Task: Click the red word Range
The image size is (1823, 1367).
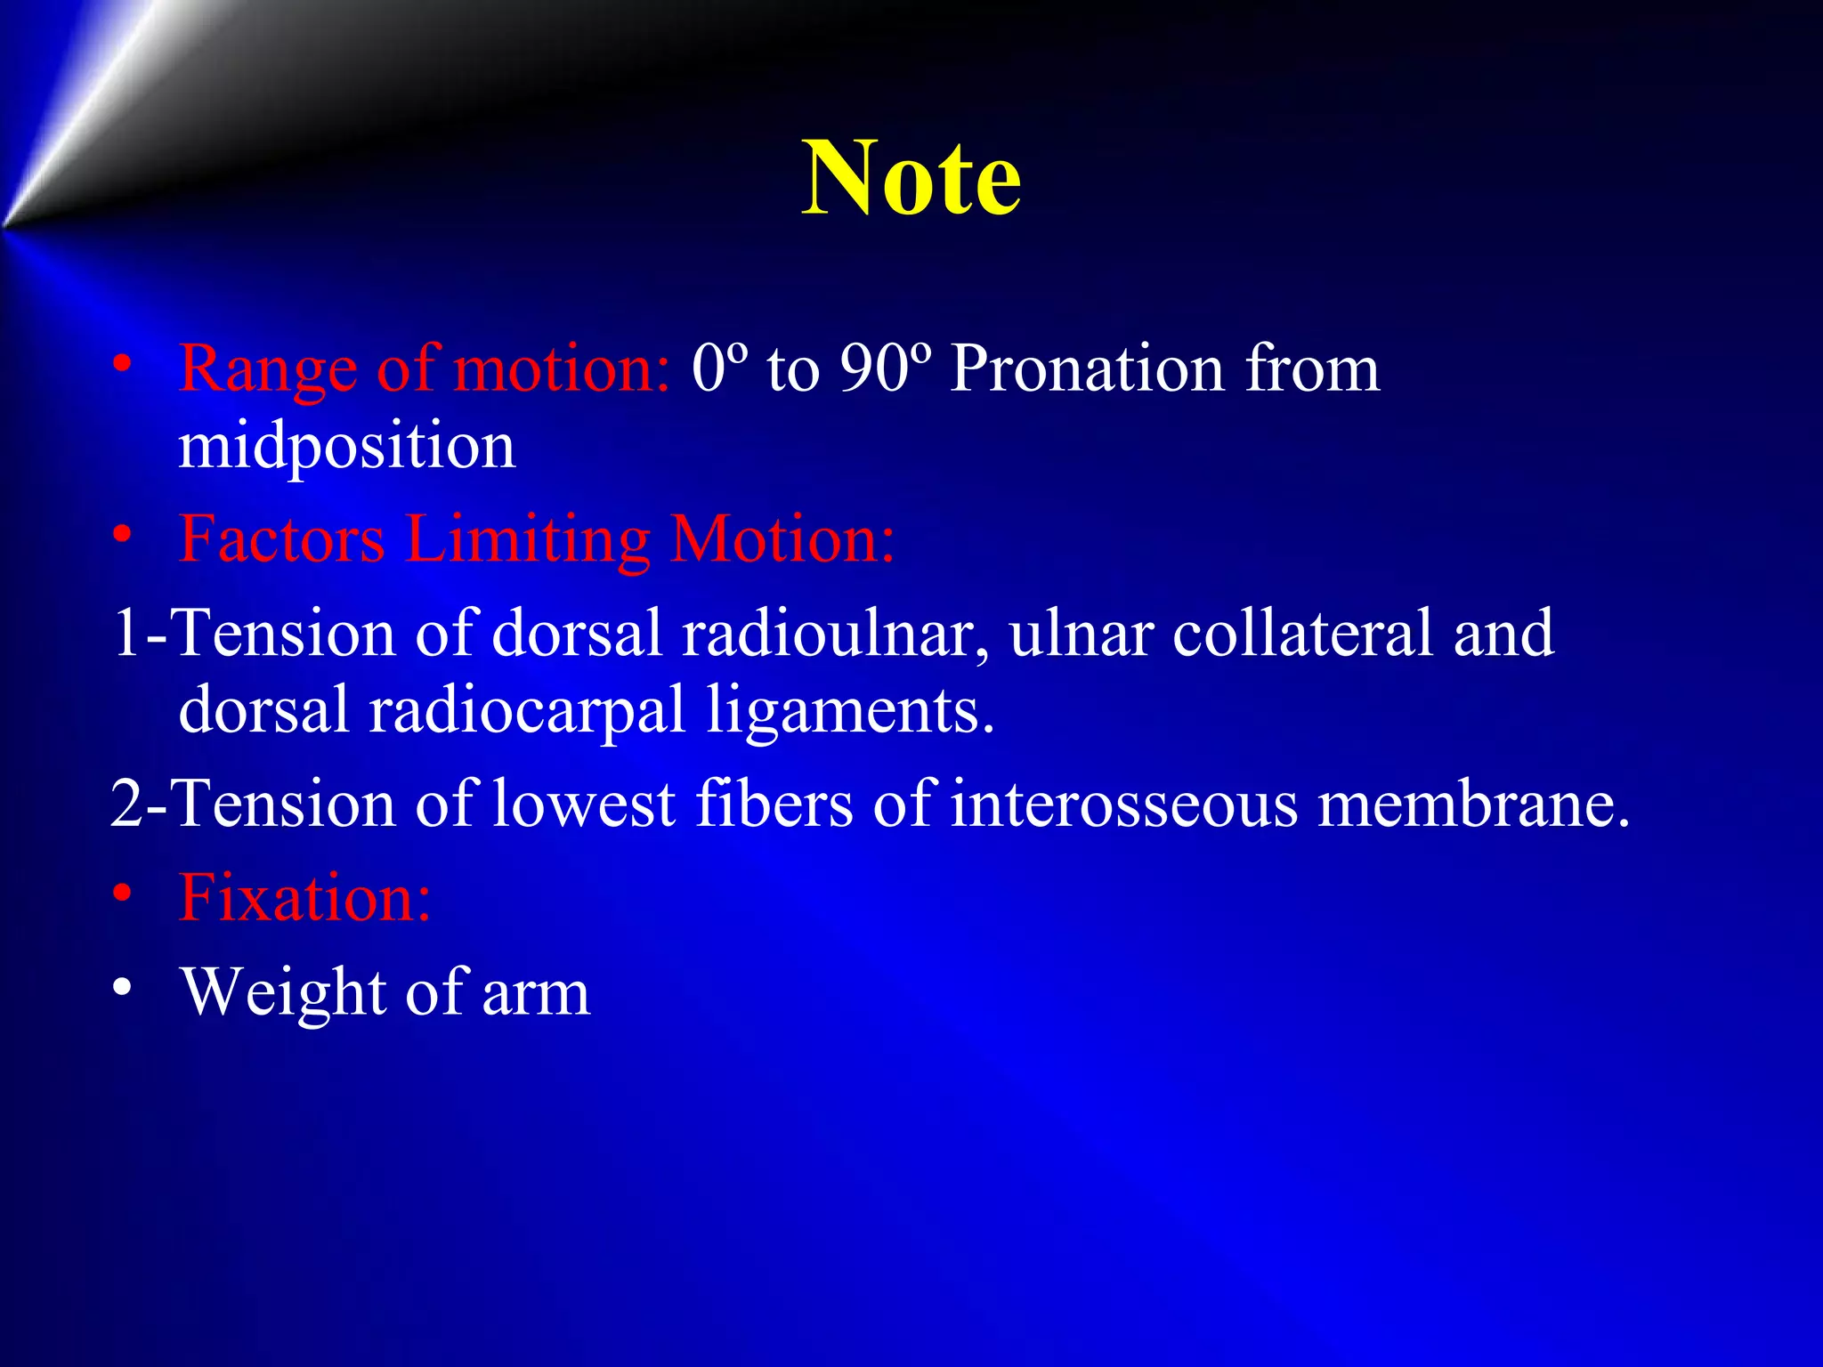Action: coord(267,369)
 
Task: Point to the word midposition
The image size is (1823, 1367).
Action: coord(346,448)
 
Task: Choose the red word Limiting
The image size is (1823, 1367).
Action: coord(528,540)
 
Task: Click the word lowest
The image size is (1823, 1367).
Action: coord(583,804)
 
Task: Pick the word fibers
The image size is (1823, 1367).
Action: coord(774,804)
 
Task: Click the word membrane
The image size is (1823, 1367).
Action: coord(1472,804)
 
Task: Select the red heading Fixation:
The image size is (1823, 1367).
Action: coord(304,896)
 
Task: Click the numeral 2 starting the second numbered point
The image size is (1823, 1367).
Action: coord(126,804)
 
